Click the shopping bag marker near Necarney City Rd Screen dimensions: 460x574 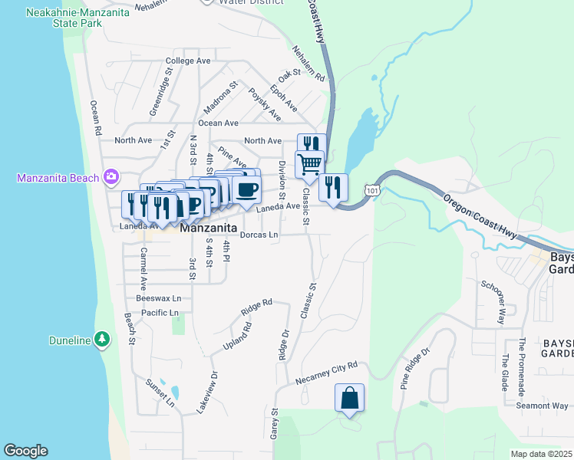(x=349, y=399)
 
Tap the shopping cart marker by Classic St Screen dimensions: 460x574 (x=309, y=164)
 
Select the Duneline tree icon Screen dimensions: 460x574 (x=101, y=340)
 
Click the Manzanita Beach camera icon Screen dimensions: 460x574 (x=112, y=178)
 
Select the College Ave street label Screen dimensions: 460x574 (x=187, y=61)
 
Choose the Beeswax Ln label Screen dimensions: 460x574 (x=158, y=298)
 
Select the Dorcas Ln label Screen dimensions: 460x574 (x=258, y=235)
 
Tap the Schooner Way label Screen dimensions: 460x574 (x=493, y=297)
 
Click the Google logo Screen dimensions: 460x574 (x=25, y=451)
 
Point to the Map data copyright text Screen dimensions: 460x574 (x=541, y=454)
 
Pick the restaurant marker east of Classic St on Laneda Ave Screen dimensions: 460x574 (x=333, y=188)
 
